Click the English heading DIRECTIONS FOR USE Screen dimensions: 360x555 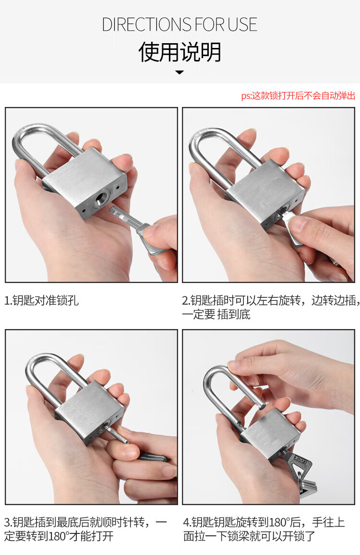[x=180, y=24]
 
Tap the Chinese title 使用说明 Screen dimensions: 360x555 [x=180, y=52]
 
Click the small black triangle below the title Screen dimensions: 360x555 [x=180, y=72]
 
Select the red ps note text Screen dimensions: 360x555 [x=298, y=95]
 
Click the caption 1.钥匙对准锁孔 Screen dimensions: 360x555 [x=41, y=300]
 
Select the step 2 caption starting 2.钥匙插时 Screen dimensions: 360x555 [x=271, y=307]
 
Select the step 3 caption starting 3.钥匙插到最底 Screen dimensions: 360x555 [x=85, y=529]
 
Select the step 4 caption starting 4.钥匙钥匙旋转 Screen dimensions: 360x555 [x=264, y=529]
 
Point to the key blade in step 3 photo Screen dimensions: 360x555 [x=115, y=434]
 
